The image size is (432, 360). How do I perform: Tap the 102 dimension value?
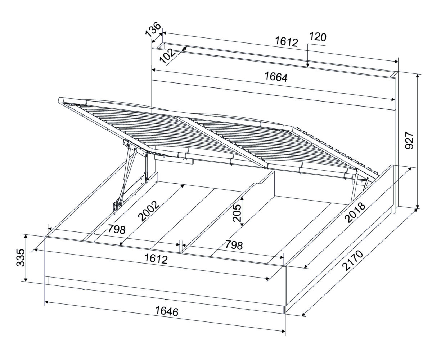pyautogui.click(x=168, y=56)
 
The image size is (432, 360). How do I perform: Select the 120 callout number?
pyautogui.click(x=318, y=37)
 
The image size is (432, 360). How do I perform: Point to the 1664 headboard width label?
pyautogui.click(x=276, y=77)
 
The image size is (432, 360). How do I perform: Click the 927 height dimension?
pyautogui.click(x=409, y=141)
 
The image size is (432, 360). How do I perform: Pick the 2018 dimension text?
pyautogui.click(x=355, y=212)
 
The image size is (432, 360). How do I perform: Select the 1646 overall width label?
pyautogui.click(x=167, y=311)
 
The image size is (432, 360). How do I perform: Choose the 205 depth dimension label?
pyautogui.click(x=237, y=213)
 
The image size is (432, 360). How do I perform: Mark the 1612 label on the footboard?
pyautogui.click(x=156, y=259)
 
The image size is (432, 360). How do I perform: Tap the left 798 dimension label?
pyautogui.click(x=117, y=229)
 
